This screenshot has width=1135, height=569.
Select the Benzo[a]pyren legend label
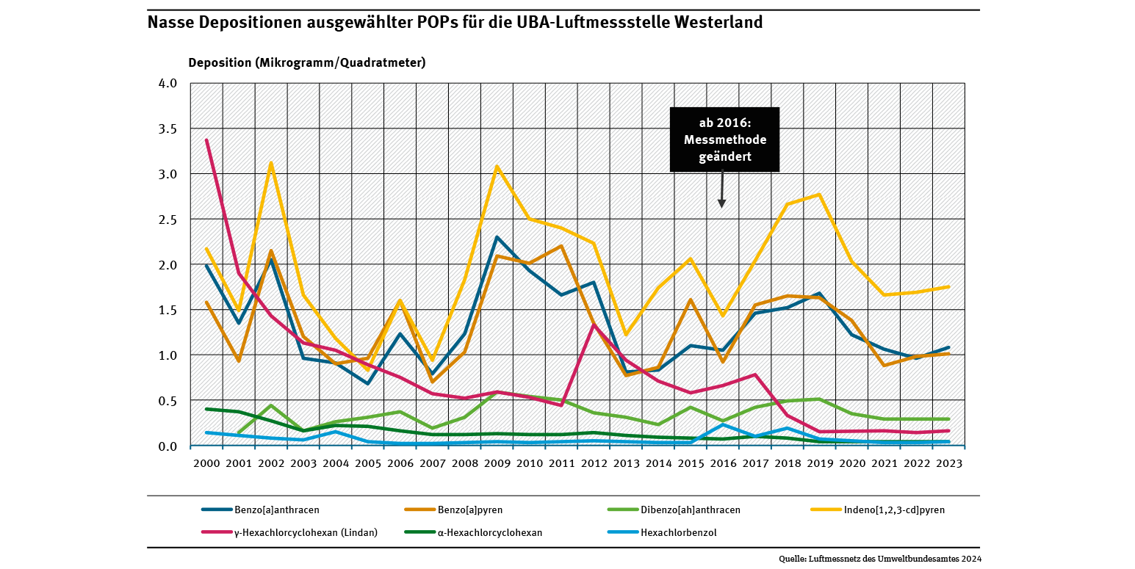470,510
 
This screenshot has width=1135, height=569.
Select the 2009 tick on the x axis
497,463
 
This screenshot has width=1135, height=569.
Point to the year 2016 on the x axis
722,463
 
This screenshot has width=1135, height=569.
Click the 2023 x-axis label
948,463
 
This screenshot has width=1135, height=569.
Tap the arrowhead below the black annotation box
721,203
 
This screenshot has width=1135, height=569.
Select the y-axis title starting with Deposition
306,62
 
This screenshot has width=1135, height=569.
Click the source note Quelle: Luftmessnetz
880,559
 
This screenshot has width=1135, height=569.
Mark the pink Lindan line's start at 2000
206,139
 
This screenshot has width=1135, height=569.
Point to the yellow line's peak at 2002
271,163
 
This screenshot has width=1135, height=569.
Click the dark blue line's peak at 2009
497,237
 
